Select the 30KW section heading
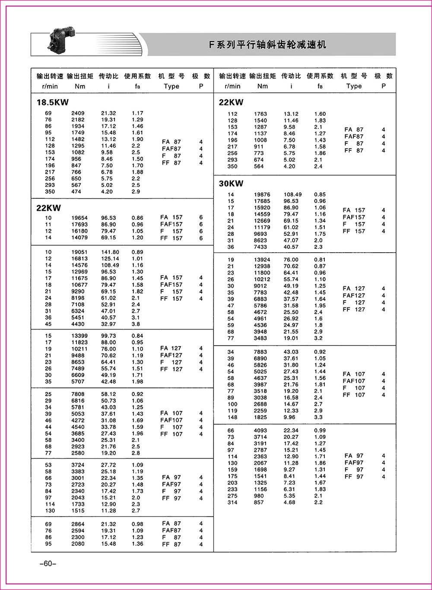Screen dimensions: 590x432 231,184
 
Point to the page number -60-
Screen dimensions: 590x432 45,564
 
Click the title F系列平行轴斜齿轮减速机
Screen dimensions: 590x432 268,44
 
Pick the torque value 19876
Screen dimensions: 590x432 260,195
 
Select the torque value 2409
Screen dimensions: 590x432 78,113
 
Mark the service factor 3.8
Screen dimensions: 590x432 136,324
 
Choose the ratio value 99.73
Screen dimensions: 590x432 108,336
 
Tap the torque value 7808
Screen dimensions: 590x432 78,394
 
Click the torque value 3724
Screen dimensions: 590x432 78,465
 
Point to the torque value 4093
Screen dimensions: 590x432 260,431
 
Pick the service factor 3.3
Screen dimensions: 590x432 318,418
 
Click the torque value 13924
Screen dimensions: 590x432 260,260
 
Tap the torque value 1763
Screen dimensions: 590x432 260,114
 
